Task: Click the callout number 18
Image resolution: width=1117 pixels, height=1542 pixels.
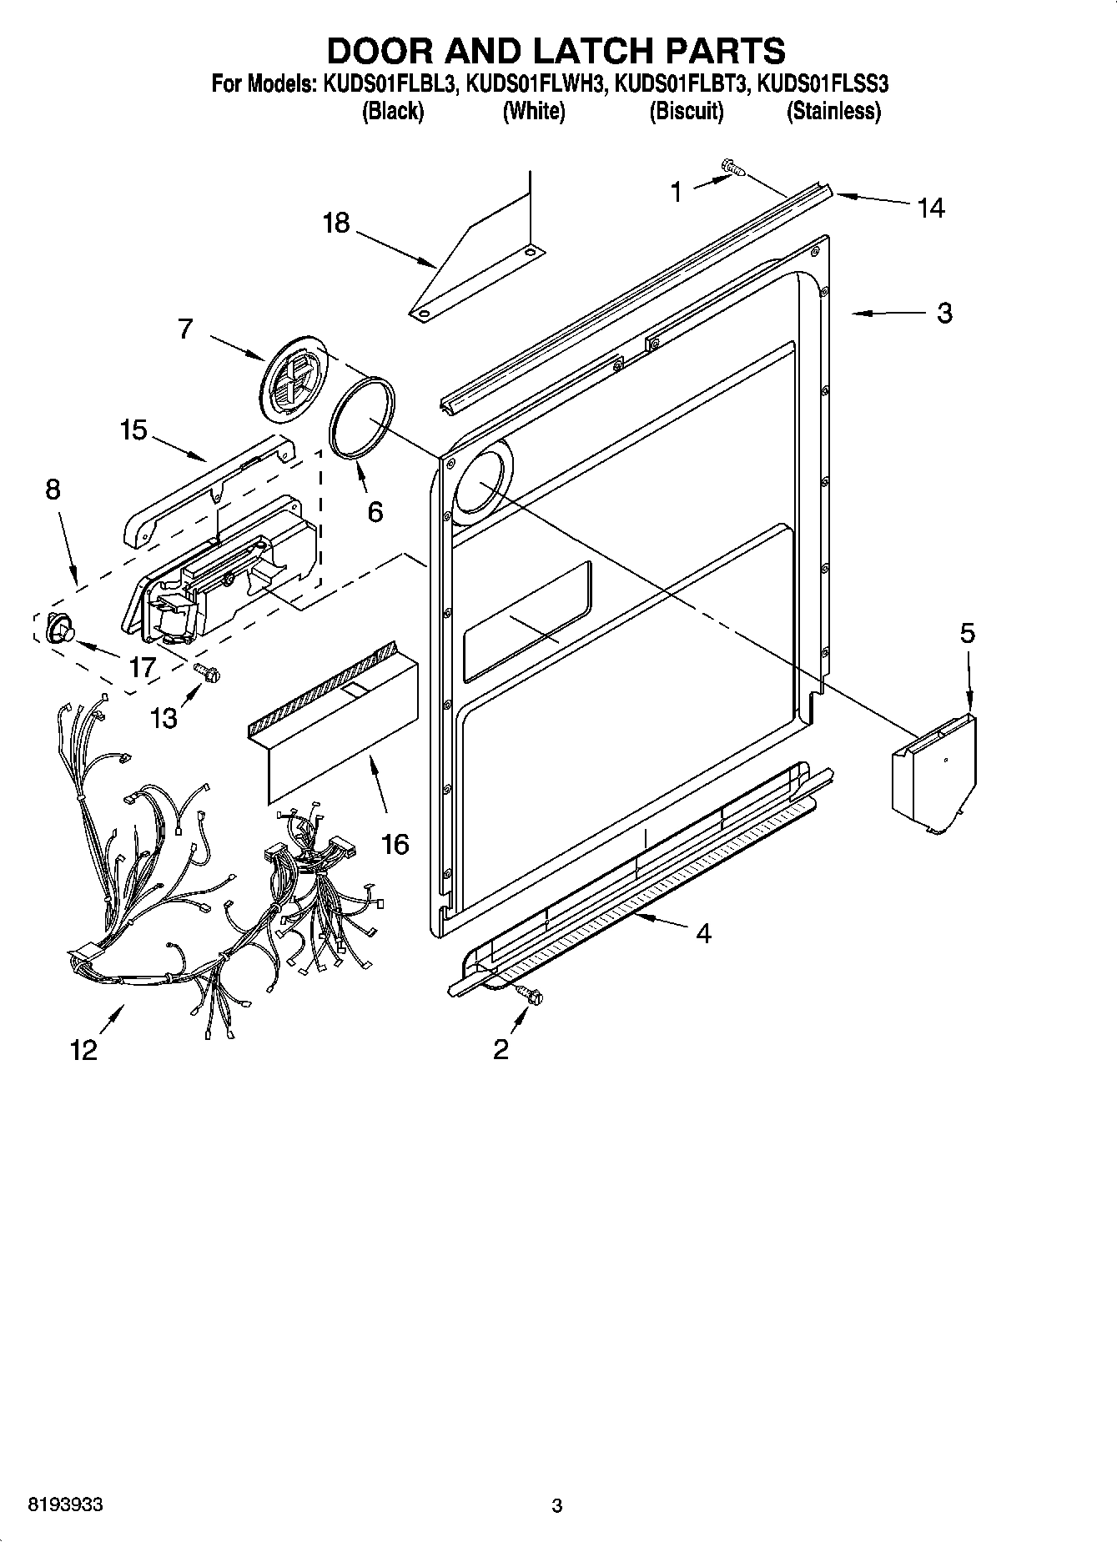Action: [x=336, y=224]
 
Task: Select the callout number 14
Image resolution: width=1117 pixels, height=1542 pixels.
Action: [x=931, y=208]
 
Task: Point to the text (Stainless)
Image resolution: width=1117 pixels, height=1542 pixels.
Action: [x=833, y=111]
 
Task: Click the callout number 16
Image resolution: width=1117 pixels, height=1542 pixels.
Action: [x=395, y=844]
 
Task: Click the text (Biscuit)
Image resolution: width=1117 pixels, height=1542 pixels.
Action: [x=686, y=111]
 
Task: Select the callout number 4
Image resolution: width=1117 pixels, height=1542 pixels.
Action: [x=703, y=933]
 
